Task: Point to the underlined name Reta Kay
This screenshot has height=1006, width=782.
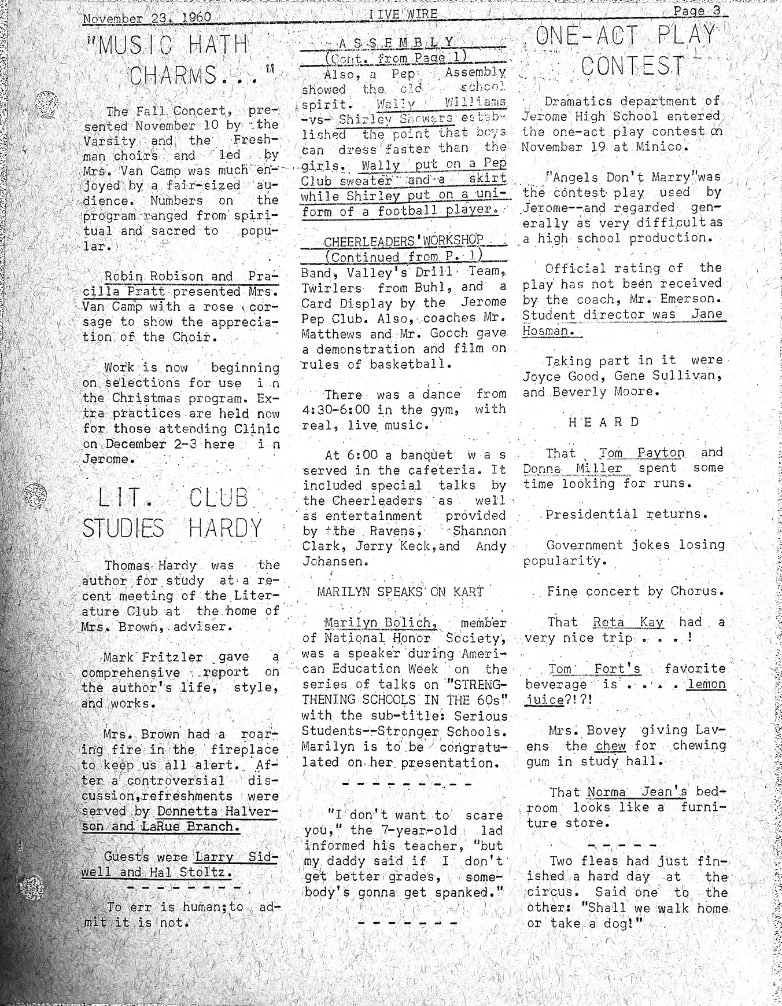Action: point(628,622)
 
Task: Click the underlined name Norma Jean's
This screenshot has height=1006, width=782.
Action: point(637,792)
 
